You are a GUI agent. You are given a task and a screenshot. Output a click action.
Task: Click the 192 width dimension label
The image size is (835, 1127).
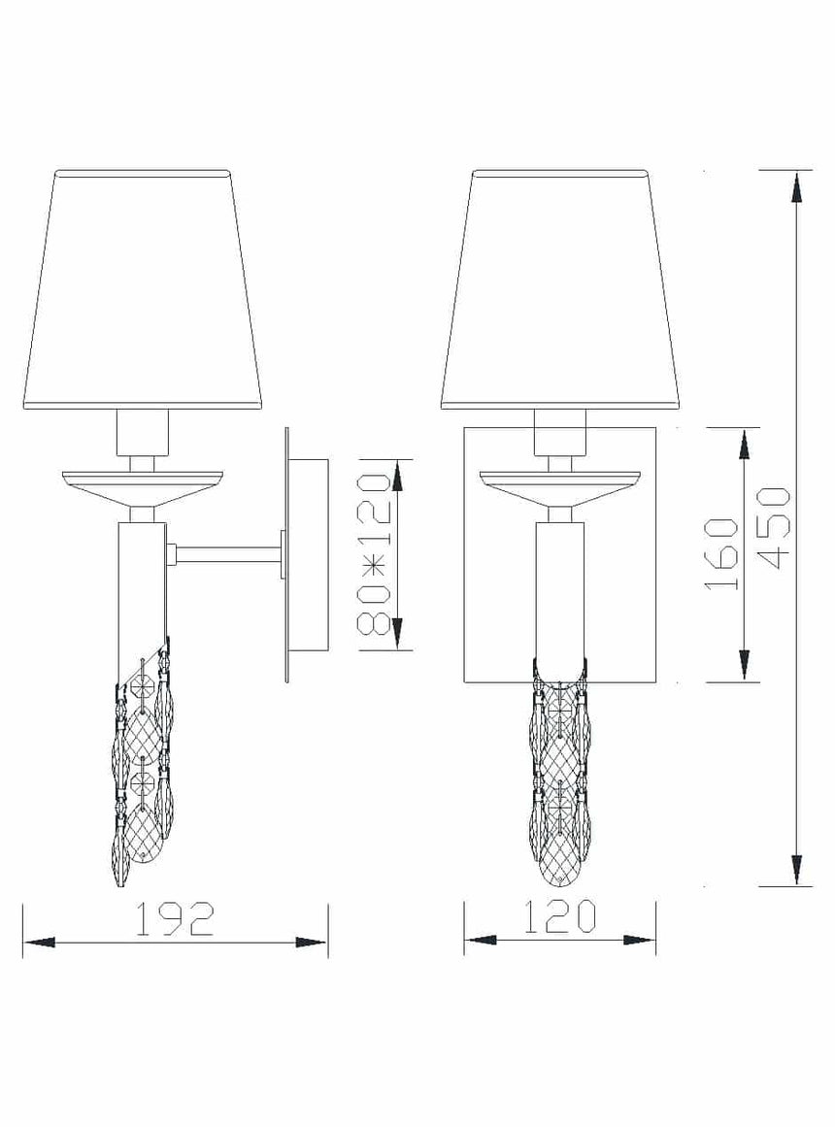[x=176, y=918]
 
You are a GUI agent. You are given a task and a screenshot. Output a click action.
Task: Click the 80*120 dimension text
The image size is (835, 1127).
[x=374, y=554]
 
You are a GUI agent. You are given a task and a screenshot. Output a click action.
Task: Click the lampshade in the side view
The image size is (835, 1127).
[x=143, y=290]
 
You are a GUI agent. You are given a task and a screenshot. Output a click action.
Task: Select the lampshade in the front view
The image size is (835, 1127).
[x=560, y=290]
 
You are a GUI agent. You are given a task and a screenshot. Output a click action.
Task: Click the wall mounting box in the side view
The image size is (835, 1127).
[x=307, y=555]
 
